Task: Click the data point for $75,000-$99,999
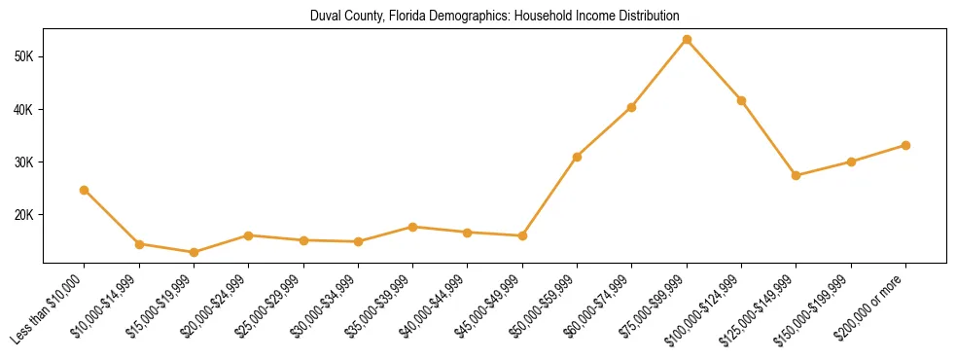[x=687, y=40]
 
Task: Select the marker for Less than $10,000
[x=85, y=190]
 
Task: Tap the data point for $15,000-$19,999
[x=194, y=252]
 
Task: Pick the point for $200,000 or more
[x=905, y=145]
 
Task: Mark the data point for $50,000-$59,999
[x=578, y=157]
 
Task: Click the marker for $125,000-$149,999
[x=797, y=175]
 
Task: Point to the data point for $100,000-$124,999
[x=741, y=100]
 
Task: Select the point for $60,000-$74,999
[x=632, y=107]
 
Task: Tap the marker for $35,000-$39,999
[x=413, y=227]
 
